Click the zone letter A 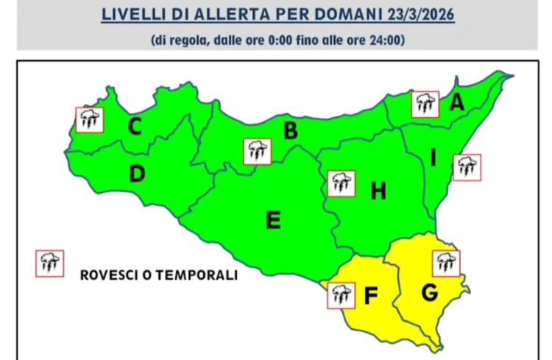[457, 104]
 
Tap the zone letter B [290, 131]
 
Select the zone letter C [135, 127]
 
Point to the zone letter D [136, 174]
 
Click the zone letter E [273, 219]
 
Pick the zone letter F [371, 296]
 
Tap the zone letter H [378, 191]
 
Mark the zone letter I [434, 158]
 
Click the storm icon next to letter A [425, 105]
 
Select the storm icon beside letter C [90, 119]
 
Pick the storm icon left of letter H [341, 183]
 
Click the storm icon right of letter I [467, 167]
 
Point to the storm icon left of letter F [339, 295]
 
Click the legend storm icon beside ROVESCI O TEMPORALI [50, 263]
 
